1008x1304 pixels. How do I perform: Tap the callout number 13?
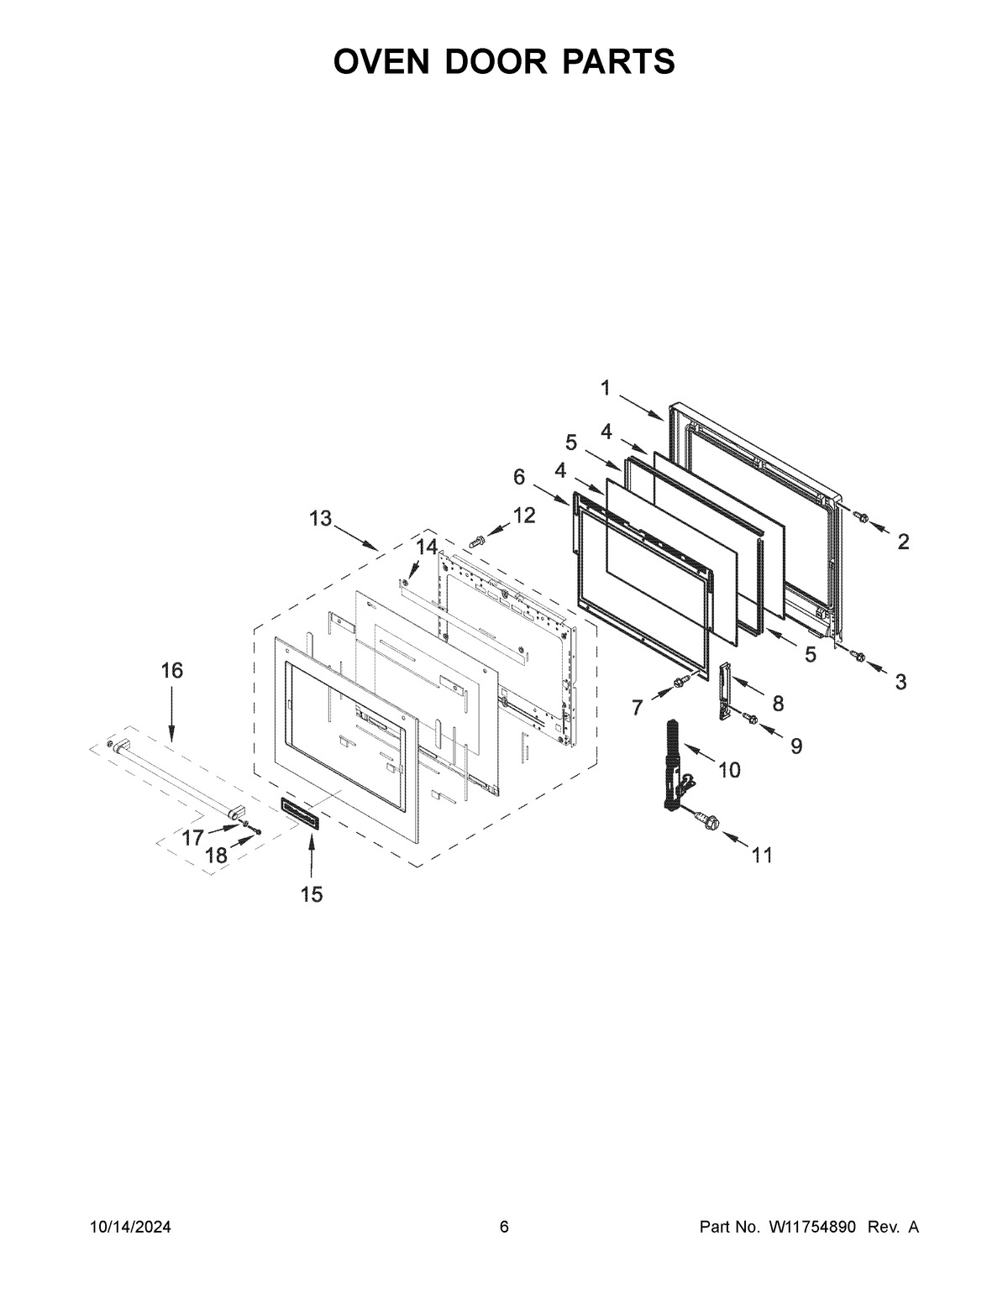[320, 518]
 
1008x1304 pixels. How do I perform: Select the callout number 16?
[171, 670]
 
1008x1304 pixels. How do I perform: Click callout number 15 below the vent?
[311, 894]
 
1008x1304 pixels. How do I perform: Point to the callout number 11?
[762, 855]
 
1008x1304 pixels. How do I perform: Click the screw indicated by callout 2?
[859, 515]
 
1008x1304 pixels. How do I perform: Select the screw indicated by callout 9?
[750, 718]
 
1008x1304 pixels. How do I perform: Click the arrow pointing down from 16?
[171, 714]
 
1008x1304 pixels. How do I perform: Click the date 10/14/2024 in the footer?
[130, 1228]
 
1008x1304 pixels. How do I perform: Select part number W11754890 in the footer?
[811, 1228]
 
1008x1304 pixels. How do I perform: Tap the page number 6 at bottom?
[504, 1228]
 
